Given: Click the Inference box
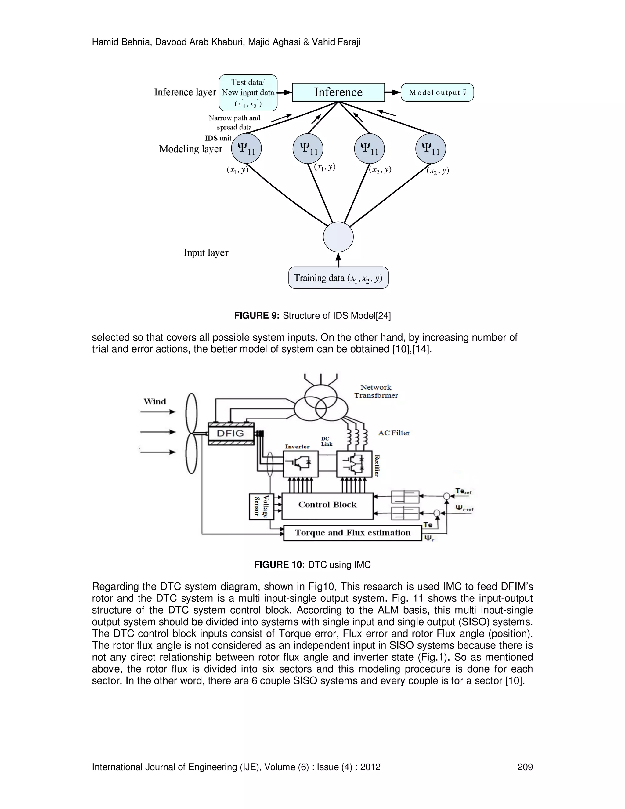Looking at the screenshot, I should tap(338, 92).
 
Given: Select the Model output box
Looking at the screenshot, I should tap(437, 93).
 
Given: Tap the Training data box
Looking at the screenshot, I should tap(338, 278).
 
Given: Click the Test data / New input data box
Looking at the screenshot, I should tap(248, 93).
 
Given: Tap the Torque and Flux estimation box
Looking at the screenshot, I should tap(352, 533).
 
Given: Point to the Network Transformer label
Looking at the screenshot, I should tap(376, 391).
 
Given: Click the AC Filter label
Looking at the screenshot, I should tap(394, 433).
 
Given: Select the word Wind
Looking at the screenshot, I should tap(155, 401).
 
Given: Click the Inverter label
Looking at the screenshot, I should tap(297, 447).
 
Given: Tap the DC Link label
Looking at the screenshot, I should tap(327, 441).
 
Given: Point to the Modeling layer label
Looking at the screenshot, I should tap(191, 149).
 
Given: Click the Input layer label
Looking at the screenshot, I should tap(206, 253).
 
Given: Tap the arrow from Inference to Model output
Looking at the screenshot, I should tap(392, 92).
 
